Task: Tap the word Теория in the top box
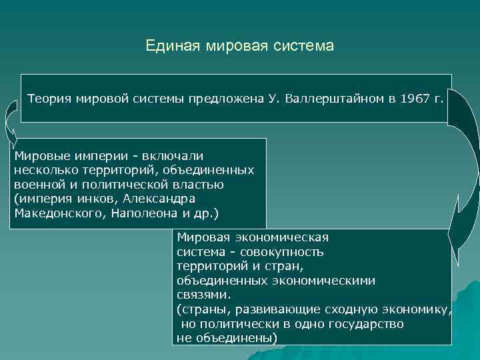[49, 99]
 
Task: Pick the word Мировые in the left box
[39, 155]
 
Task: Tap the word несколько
[43, 170]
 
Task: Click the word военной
[37, 185]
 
